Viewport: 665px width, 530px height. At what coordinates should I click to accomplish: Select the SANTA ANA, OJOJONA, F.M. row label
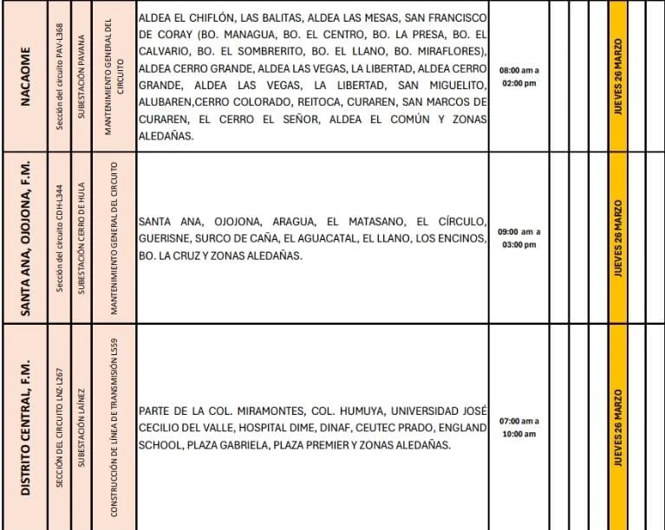[x=25, y=237]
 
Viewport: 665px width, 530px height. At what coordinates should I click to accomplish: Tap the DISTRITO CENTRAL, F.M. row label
[x=25, y=427]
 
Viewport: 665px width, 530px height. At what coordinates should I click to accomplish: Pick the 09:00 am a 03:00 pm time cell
[x=518, y=238]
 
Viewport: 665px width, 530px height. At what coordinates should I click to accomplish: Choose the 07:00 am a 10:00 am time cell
[x=518, y=427]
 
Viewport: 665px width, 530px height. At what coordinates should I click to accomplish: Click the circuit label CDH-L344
[x=57, y=237]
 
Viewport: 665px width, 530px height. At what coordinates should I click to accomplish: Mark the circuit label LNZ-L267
[x=57, y=427]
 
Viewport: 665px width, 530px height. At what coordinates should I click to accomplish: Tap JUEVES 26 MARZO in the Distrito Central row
[x=617, y=427]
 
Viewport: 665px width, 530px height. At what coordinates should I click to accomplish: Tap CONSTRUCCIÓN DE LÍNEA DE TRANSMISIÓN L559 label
[x=115, y=427]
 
